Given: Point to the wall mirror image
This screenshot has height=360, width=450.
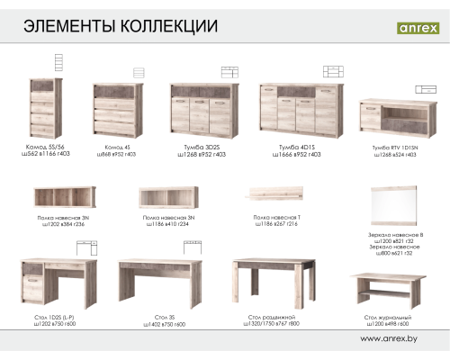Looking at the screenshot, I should [x=394, y=206].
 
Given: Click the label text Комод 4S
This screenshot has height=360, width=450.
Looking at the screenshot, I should [x=118, y=146].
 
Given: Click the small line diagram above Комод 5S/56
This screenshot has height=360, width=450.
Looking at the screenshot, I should [x=59, y=62].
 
